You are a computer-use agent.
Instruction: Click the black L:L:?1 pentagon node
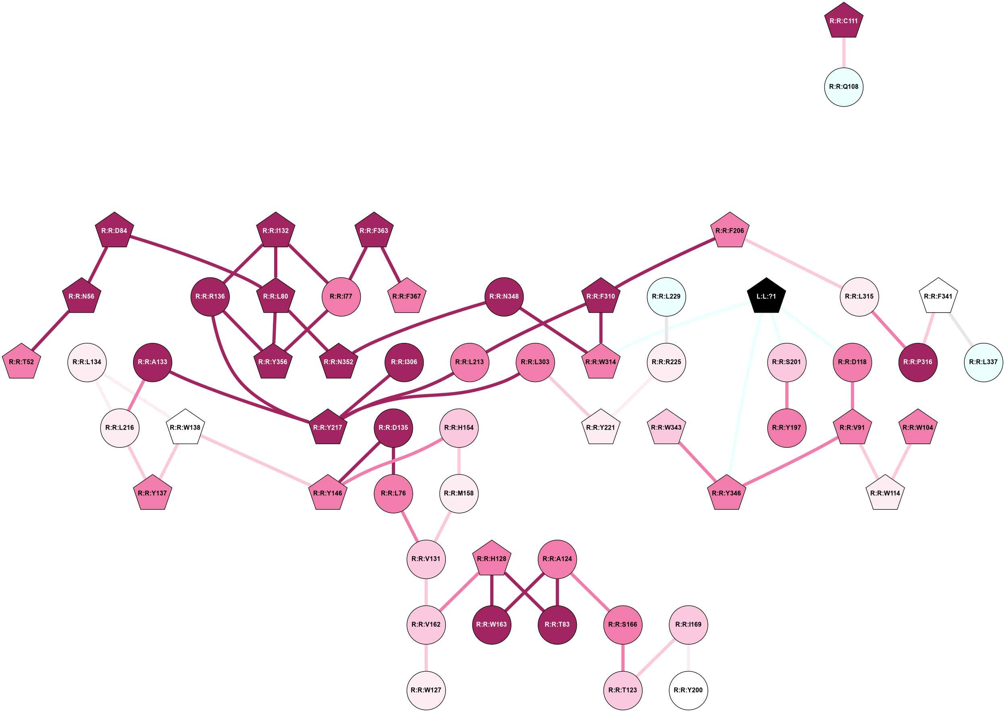tap(766, 296)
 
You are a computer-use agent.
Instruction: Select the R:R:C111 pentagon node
tap(843, 21)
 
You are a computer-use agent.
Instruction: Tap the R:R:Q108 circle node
tap(843, 87)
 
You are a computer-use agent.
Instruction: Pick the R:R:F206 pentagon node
tap(729, 231)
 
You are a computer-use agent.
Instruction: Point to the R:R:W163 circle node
tap(491, 624)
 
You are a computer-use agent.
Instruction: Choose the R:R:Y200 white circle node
tap(688, 690)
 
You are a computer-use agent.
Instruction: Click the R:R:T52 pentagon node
tap(21, 362)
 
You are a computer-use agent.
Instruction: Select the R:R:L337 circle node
tap(983, 362)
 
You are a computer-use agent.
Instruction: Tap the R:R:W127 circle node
tap(426, 690)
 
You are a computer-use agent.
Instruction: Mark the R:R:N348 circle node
tap(504, 296)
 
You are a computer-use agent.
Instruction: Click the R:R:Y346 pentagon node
tap(726, 493)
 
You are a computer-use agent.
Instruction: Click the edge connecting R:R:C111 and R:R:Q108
tap(843, 52)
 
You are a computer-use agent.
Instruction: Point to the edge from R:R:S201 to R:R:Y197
tap(787, 395)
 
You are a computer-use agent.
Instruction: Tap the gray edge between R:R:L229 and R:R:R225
tap(666, 329)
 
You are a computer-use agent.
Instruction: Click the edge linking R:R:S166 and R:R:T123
tap(622, 657)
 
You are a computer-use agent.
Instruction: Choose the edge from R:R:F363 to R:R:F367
tap(391, 264)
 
